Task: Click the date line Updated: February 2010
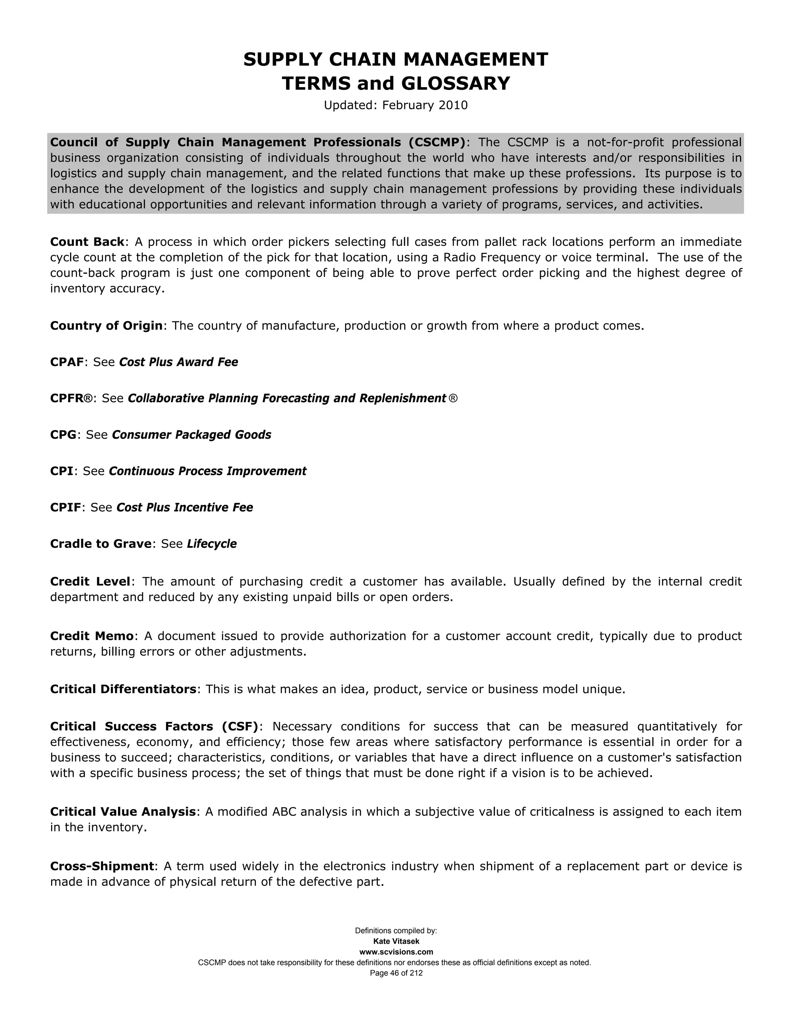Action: pyautogui.click(x=396, y=105)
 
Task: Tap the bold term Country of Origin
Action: pyautogui.click(x=106, y=326)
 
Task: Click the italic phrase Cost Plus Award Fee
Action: pyautogui.click(x=179, y=362)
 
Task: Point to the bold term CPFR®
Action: pyautogui.click(x=71, y=398)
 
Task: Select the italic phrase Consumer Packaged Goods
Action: pyautogui.click(x=191, y=435)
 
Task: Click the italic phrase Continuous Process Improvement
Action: pyautogui.click(x=207, y=471)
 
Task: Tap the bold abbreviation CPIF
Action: pyautogui.click(x=66, y=507)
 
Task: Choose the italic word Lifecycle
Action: pyautogui.click(x=211, y=544)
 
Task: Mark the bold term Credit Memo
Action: pyautogui.click(x=92, y=636)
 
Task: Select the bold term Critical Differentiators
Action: pyautogui.click(x=123, y=689)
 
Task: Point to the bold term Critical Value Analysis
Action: pyautogui.click(x=123, y=811)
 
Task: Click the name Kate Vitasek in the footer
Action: pyautogui.click(x=396, y=941)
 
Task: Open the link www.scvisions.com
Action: pyautogui.click(x=396, y=952)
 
